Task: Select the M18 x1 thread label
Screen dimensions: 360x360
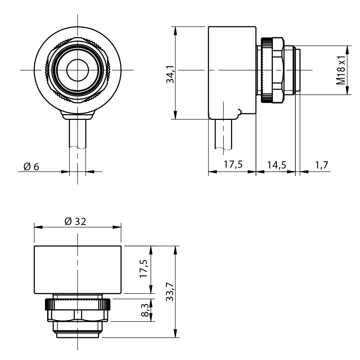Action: coord(341,70)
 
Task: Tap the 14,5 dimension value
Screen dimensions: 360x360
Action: coord(276,165)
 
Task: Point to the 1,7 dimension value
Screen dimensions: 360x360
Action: coord(321,165)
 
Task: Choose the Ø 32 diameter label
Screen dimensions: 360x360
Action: coord(75,221)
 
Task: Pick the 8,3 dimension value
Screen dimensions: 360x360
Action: coord(145,310)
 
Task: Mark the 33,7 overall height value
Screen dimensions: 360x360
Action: coord(170,292)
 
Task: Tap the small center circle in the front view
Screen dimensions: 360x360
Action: coord(77,70)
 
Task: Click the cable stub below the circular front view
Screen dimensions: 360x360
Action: coord(77,133)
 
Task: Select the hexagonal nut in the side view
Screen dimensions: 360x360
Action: coord(278,70)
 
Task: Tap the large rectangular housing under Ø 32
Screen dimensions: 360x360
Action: coord(77,269)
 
